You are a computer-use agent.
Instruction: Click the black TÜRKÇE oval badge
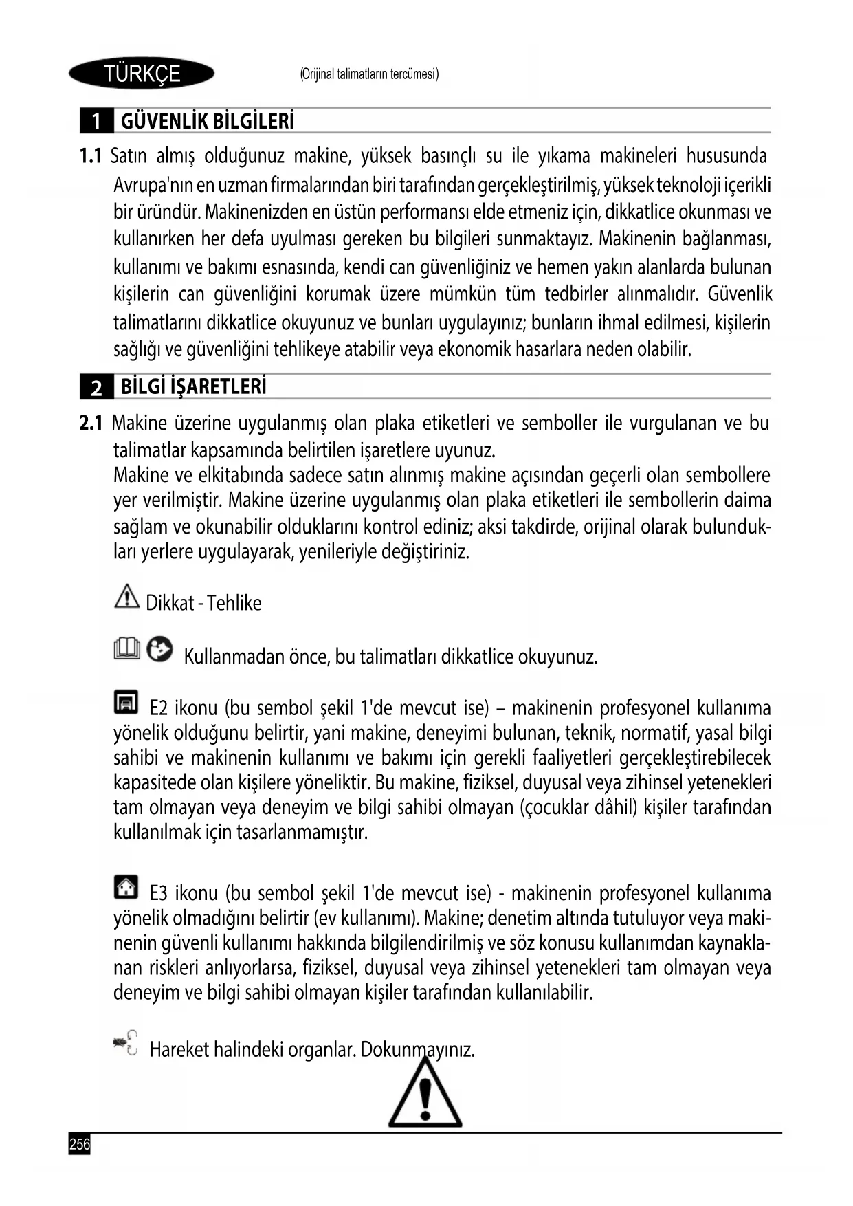[x=142, y=73]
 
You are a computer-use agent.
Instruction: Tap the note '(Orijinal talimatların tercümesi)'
[x=369, y=74]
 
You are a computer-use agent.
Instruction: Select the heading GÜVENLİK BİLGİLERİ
[x=208, y=122]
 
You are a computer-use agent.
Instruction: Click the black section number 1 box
[x=97, y=122]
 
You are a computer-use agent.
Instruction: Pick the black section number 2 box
[x=97, y=388]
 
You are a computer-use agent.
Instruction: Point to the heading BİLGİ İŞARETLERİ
[x=194, y=387]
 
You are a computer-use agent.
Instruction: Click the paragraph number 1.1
[x=91, y=156]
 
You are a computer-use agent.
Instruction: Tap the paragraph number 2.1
[x=91, y=423]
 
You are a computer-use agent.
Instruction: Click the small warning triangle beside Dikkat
[x=126, y=595]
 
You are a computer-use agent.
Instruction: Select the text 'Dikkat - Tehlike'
[x=203, y=603]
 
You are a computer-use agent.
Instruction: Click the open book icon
[x=127, y=648]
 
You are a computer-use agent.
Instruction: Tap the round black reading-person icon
[x=160, y=648]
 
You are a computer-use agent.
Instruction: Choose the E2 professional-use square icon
[x=126, y=701]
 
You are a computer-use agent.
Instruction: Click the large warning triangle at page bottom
[x=425, y=1097]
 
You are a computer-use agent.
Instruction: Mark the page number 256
[x=80, y=1144]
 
